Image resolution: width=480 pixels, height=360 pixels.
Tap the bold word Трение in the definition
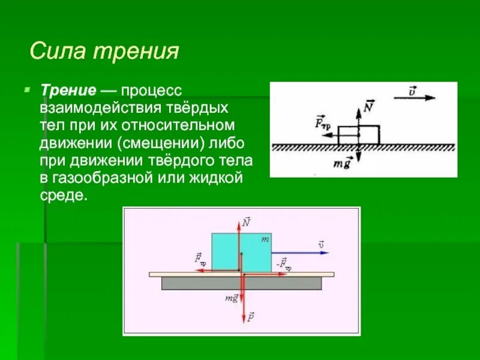(68, 91)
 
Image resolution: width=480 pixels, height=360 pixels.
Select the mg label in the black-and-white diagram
(343, 163)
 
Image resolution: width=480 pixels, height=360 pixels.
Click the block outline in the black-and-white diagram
(358, 135)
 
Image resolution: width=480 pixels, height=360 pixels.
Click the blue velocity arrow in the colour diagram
(300, 253)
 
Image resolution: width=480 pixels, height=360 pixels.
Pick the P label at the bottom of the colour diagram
(250, 315)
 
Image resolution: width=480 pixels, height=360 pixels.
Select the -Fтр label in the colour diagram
(283, 263)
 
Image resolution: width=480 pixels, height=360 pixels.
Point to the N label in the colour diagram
(247, 222)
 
